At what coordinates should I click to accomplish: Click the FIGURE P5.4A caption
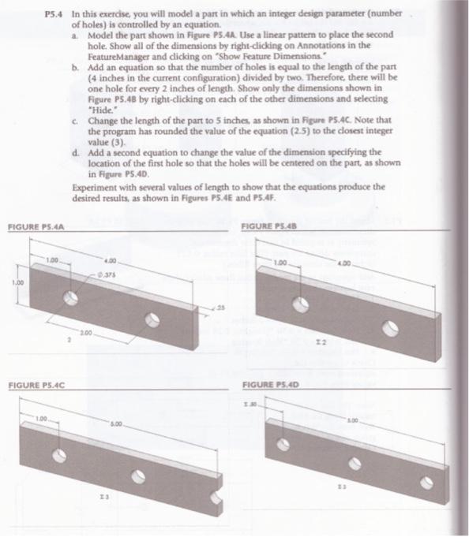pos(36,228)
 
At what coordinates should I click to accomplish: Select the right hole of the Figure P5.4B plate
pos(388,326)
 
